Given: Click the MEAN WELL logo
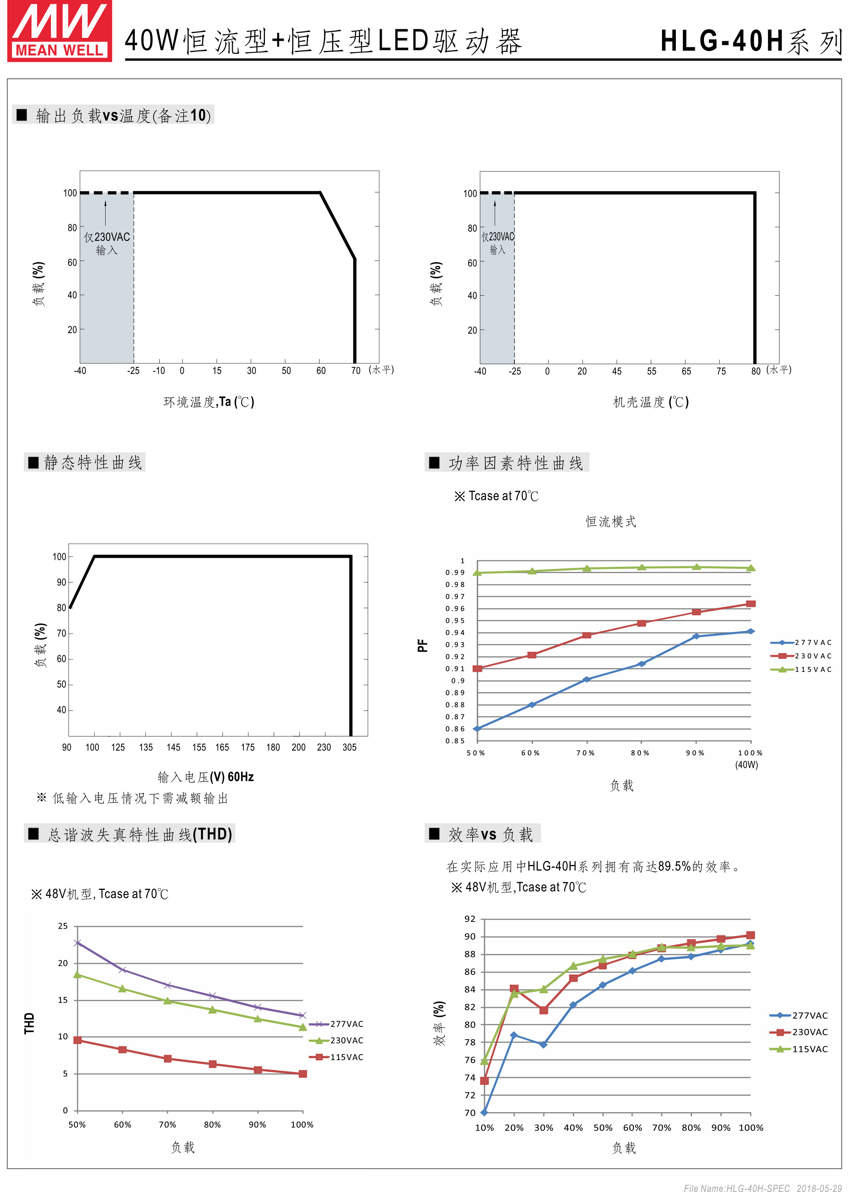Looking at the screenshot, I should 60,31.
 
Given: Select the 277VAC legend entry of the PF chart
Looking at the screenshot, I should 801,642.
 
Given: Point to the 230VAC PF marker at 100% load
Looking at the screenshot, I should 751,604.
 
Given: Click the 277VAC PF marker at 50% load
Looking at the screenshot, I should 477,729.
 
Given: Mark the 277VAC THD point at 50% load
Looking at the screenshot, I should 77,943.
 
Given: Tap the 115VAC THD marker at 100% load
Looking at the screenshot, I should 303,1074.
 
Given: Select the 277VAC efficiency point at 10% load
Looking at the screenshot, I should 484,1113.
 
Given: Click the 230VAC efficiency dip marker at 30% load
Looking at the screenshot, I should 544,1010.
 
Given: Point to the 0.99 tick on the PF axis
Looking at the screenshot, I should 455,573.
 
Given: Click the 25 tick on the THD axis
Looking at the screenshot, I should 63,926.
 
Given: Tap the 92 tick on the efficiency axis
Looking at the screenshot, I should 470,919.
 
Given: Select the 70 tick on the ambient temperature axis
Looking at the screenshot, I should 356,371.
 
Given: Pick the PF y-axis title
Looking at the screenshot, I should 422,646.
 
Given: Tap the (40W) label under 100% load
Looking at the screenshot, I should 747,765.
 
